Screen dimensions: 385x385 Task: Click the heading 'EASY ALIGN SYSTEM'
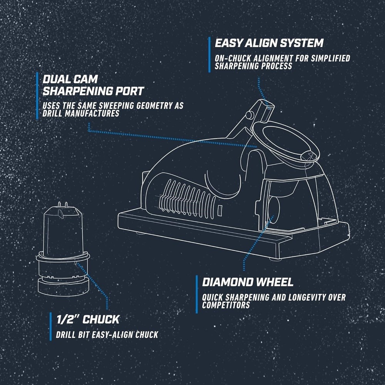(x=269, y=43)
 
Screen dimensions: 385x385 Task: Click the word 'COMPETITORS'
(x=226, y=305)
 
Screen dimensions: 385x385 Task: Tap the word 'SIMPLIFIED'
(x=330, y=59)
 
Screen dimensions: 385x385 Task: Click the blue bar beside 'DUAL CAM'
(x=37, y=95)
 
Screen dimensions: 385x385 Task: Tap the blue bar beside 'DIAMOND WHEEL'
(x=197, y=294)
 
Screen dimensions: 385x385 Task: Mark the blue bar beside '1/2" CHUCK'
(x=50, y=326)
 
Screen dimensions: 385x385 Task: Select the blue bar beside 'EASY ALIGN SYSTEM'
(x=209, y=55)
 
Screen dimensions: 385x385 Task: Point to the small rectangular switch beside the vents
(x=220, y=211)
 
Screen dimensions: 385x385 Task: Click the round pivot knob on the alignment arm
(x=249, y=115)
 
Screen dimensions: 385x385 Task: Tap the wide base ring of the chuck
(x=63, y=286)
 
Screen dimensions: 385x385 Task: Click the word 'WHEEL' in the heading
(x=274, y=282)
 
